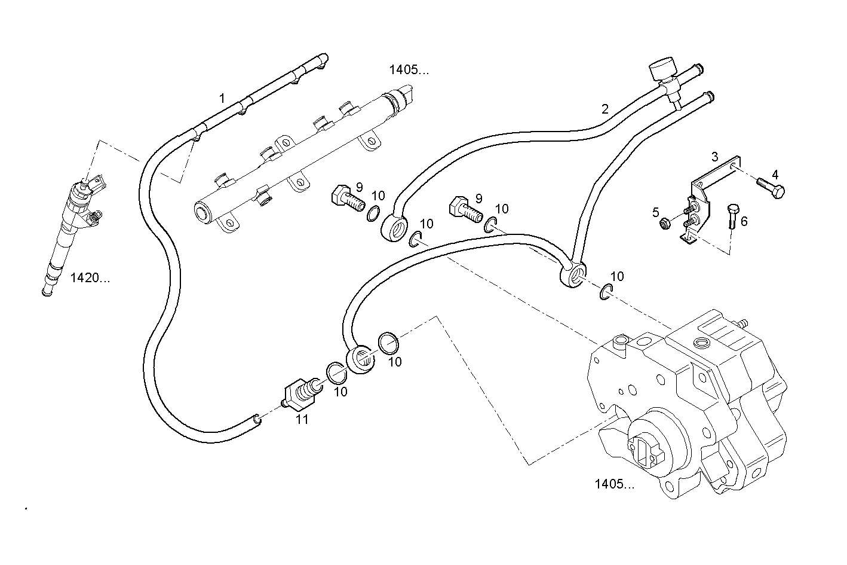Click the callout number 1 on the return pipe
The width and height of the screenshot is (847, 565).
[222, 97]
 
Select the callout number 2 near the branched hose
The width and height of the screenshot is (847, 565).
[605, 109]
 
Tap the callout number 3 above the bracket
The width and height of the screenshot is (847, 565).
[715, 157]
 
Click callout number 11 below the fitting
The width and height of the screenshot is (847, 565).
[302, 419]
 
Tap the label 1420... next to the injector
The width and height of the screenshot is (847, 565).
[90, 277]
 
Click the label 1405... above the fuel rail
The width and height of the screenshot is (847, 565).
[409, 70]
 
